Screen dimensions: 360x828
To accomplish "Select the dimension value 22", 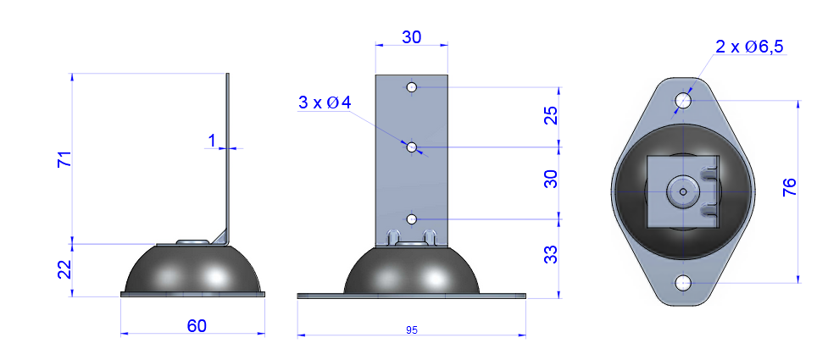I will [64, 269].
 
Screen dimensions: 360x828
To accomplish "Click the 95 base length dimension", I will [412, 330].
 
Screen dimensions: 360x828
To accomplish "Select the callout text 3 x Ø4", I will [324, 103].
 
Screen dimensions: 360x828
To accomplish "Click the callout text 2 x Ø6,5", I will [748, 47].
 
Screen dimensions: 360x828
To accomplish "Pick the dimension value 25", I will [551, 117].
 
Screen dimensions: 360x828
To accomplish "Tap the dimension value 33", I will [551, 254].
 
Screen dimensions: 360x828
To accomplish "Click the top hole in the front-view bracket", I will [411, 87].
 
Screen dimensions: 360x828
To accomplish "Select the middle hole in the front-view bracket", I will [412, 147].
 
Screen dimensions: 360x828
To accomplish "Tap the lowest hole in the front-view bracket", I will [412, 219].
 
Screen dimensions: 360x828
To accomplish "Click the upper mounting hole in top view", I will [683, 101].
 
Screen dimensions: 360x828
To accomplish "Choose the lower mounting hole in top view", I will [683, 282].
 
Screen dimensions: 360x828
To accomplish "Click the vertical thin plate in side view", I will [227, 152].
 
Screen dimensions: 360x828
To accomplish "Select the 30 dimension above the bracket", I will [411, 38].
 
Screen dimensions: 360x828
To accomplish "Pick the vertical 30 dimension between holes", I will [551, 179].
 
